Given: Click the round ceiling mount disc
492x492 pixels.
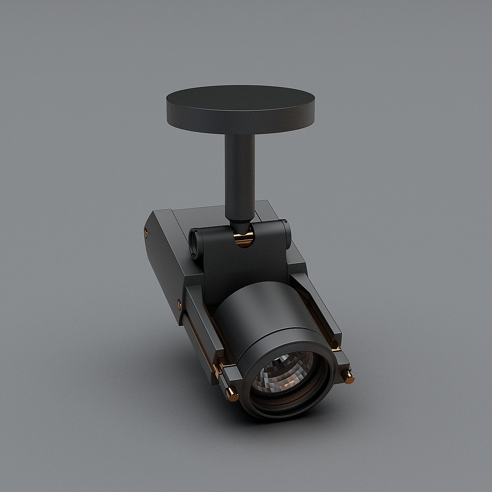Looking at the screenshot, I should (240, 106).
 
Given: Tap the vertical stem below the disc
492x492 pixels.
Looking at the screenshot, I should (240, 172).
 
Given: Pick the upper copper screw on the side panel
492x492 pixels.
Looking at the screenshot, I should (146, 231).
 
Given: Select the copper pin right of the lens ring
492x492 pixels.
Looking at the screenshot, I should (349, 379).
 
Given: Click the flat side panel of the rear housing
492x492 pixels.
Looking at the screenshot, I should (162, 266).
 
